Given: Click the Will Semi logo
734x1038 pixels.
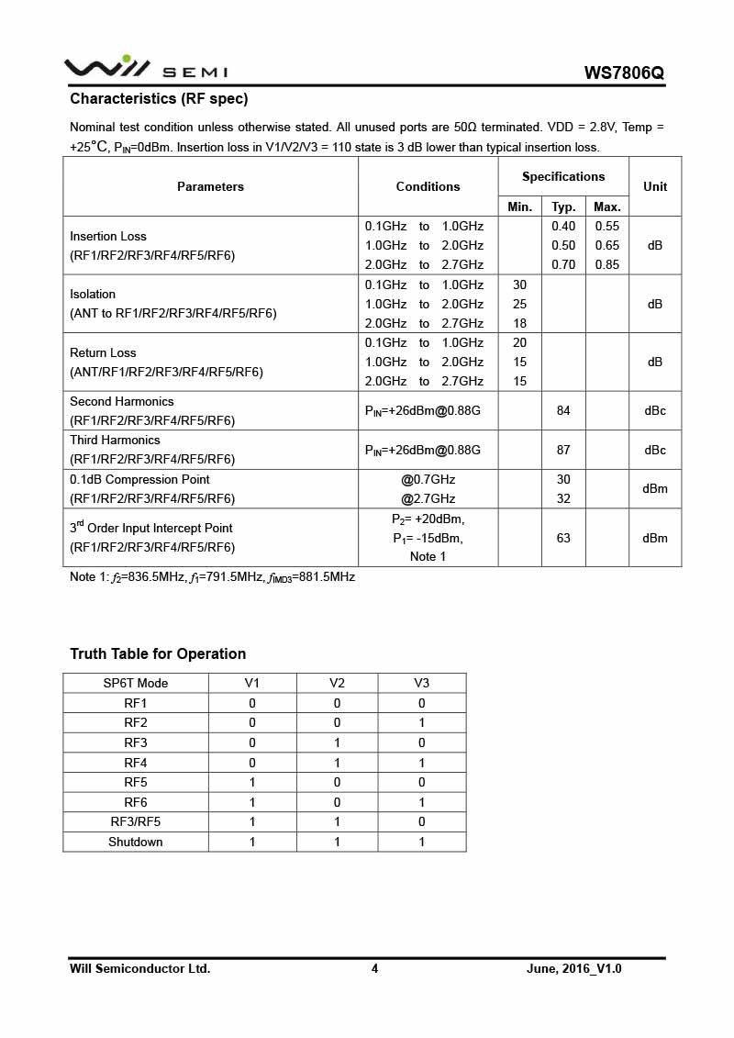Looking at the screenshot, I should pos(145,68).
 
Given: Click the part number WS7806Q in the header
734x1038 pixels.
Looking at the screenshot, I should pos(623,73).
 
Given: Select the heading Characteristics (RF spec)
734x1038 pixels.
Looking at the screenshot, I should pos(159,98).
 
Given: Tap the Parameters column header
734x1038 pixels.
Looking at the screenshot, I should pos(210,186).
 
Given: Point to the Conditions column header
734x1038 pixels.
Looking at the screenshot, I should pos(428,186).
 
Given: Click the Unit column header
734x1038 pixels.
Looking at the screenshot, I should pos(655,186).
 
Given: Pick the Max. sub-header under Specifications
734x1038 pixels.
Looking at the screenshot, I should pos(607,206).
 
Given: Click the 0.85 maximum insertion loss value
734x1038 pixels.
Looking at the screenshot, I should pos(607,264).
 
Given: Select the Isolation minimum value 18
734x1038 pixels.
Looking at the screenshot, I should pos(519,323).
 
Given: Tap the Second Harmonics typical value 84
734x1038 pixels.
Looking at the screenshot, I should pos(563,410).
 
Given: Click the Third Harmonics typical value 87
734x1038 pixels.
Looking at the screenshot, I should pos(563,450).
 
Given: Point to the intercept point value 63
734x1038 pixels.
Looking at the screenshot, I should pos(563,538).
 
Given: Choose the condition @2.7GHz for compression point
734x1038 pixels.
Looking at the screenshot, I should pos(428,498).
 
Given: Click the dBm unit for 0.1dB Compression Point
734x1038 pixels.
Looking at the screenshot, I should pos(655,489).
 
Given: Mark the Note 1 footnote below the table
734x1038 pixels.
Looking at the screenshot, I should pos(212,577).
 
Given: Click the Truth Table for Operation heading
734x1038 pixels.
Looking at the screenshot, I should pos(158,653).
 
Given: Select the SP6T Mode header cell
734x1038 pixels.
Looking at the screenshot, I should pos(136,683).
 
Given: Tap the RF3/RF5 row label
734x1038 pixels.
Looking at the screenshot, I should pos(136,821).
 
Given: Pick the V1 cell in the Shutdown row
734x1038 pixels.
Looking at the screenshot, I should pos(252,842).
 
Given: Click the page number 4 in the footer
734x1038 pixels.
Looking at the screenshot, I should pos(374,968).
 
